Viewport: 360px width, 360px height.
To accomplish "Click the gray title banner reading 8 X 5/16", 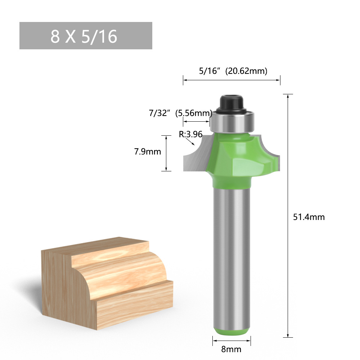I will tap(86, 36).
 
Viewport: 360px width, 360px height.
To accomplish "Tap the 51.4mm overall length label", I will tap(309, 217).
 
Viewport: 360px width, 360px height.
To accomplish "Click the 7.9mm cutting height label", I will tap(147, 152).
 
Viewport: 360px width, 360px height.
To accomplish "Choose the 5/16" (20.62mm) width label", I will tap(233, 71).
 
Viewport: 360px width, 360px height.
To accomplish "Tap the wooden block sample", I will tap(106, 277).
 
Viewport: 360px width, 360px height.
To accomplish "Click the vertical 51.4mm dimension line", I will tap(288, 216).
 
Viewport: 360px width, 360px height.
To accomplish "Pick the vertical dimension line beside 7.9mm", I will tap(166, 153).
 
